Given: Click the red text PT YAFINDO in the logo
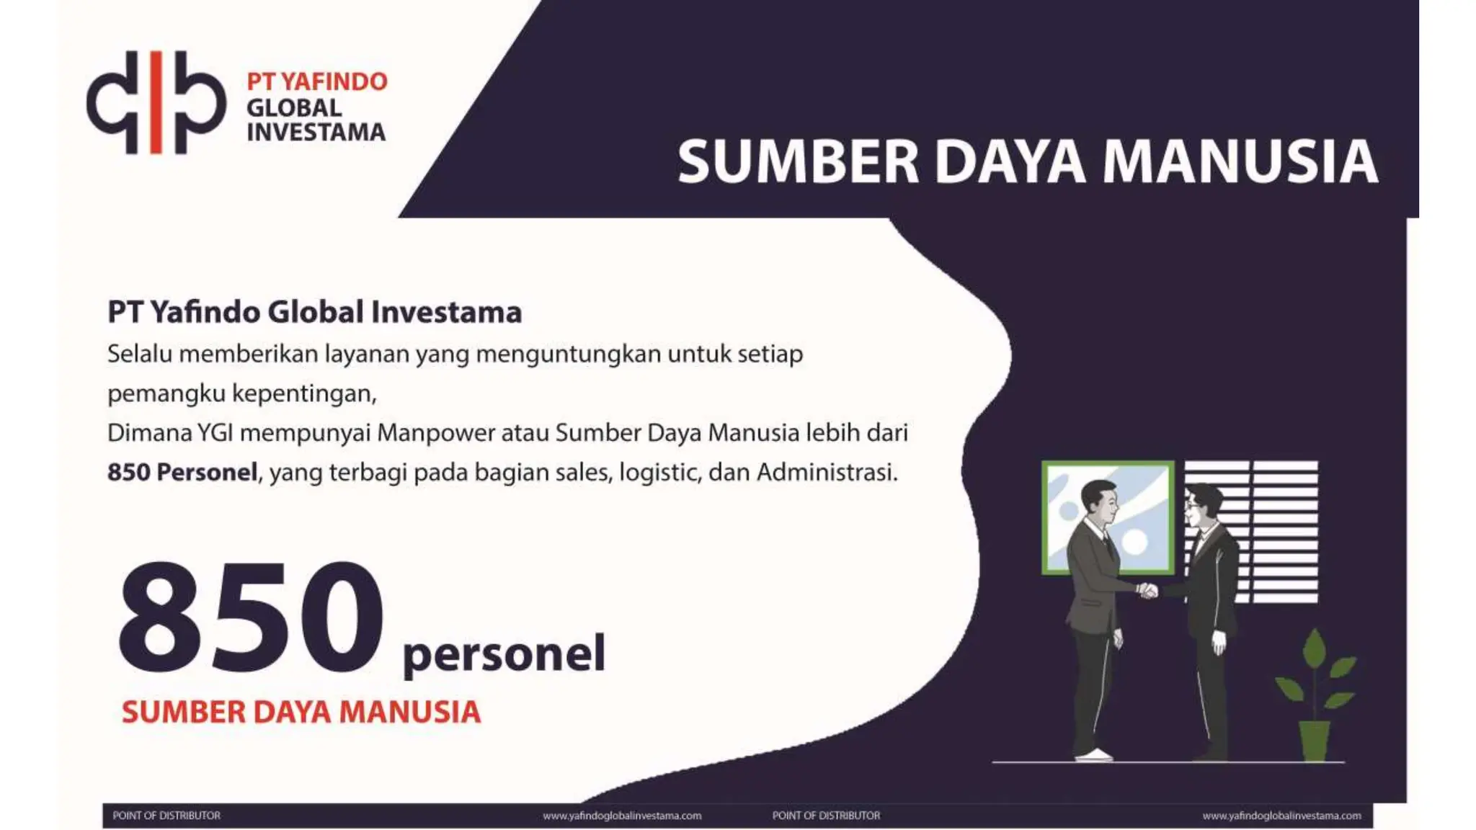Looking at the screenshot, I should point(316,81).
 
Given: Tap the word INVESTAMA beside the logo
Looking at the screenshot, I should point(316,133).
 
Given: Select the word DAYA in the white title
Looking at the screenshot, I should point(1010,161).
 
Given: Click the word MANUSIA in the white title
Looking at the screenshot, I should point(1240,161).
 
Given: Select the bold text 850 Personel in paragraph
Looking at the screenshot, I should point(182,473).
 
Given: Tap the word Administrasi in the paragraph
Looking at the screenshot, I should point(827,473).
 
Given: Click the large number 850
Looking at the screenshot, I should point(251,617).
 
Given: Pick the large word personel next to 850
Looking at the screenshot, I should point(504,653).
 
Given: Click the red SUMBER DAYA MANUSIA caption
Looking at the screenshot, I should point(301,712).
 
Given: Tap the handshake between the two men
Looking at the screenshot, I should point(1147,591).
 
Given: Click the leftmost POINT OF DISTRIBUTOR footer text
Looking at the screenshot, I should point(166,816).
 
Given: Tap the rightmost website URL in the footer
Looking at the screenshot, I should point(1281,816).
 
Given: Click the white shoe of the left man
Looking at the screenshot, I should point(1094,755).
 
